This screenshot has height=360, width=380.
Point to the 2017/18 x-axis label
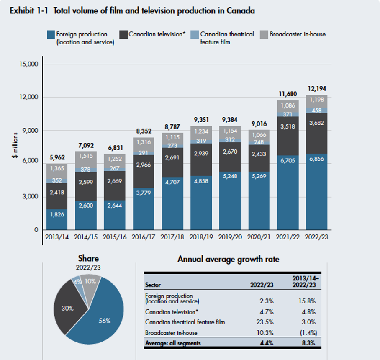pyautogui.click(x=172, y=237)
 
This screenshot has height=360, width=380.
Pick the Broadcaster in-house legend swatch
pyautogui.click(x=264, y=34)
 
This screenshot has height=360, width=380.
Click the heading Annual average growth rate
pyautogui.click(x=228, y=259)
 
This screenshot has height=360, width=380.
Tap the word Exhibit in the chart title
pyautogui.click(x=22, y=11)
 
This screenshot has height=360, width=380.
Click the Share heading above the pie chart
pyautogui.click(x=88, y=258)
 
